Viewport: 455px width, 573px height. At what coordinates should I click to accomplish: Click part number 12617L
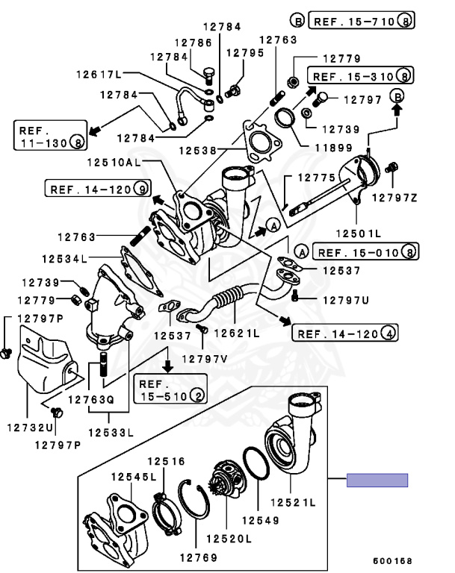coord(98,74)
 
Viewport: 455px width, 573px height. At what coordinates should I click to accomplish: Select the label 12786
coord(194,43)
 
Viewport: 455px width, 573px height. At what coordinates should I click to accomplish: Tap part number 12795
coord(245,53)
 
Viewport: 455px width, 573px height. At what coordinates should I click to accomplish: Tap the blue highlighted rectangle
coord(377,480)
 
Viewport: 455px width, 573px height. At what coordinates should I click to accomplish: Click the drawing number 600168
coord(391,560)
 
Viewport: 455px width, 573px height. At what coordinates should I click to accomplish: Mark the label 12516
coord(165,461)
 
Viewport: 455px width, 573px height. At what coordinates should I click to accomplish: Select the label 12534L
coord(63,258)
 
